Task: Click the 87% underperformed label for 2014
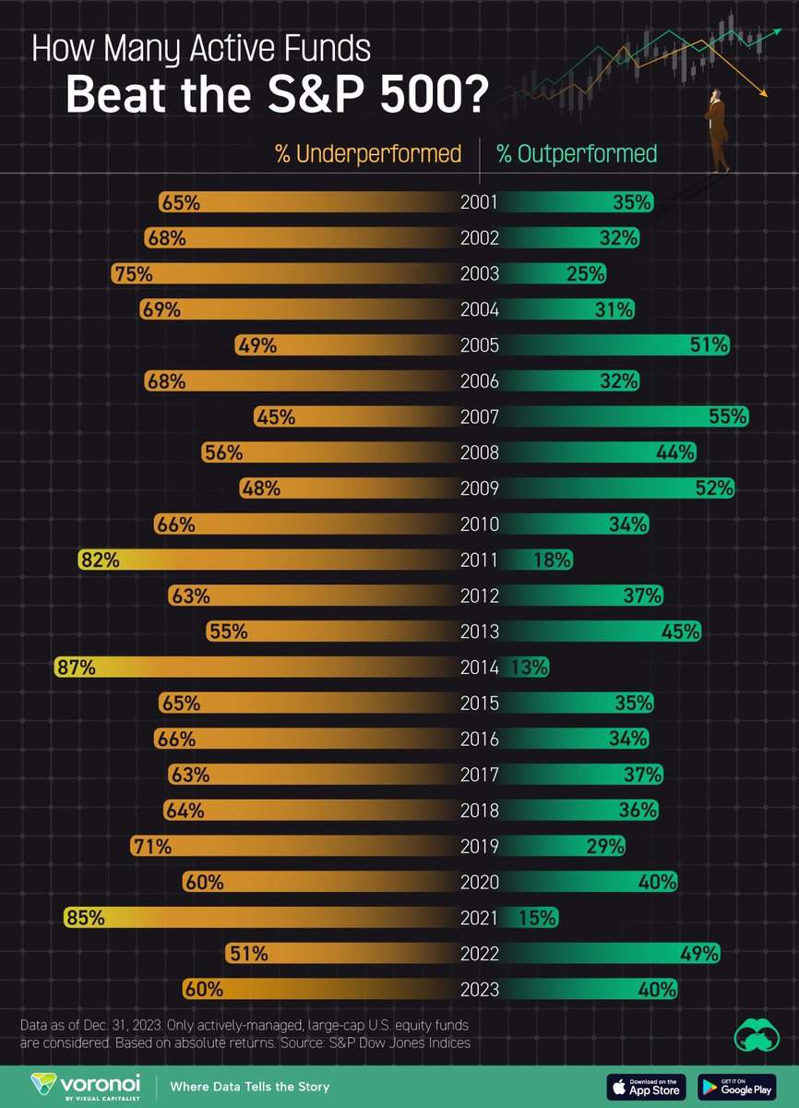76,668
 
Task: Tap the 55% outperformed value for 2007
728,417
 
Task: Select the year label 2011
480,560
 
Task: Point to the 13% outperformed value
530,668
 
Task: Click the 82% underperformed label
100,560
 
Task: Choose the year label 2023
480,990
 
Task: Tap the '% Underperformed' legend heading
367,154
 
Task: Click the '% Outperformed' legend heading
577,154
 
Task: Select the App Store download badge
646,1087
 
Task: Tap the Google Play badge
737,1087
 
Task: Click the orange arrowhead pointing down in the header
763,90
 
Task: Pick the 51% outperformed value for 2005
710,345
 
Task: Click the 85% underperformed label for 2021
85,919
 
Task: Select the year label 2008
480,452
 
